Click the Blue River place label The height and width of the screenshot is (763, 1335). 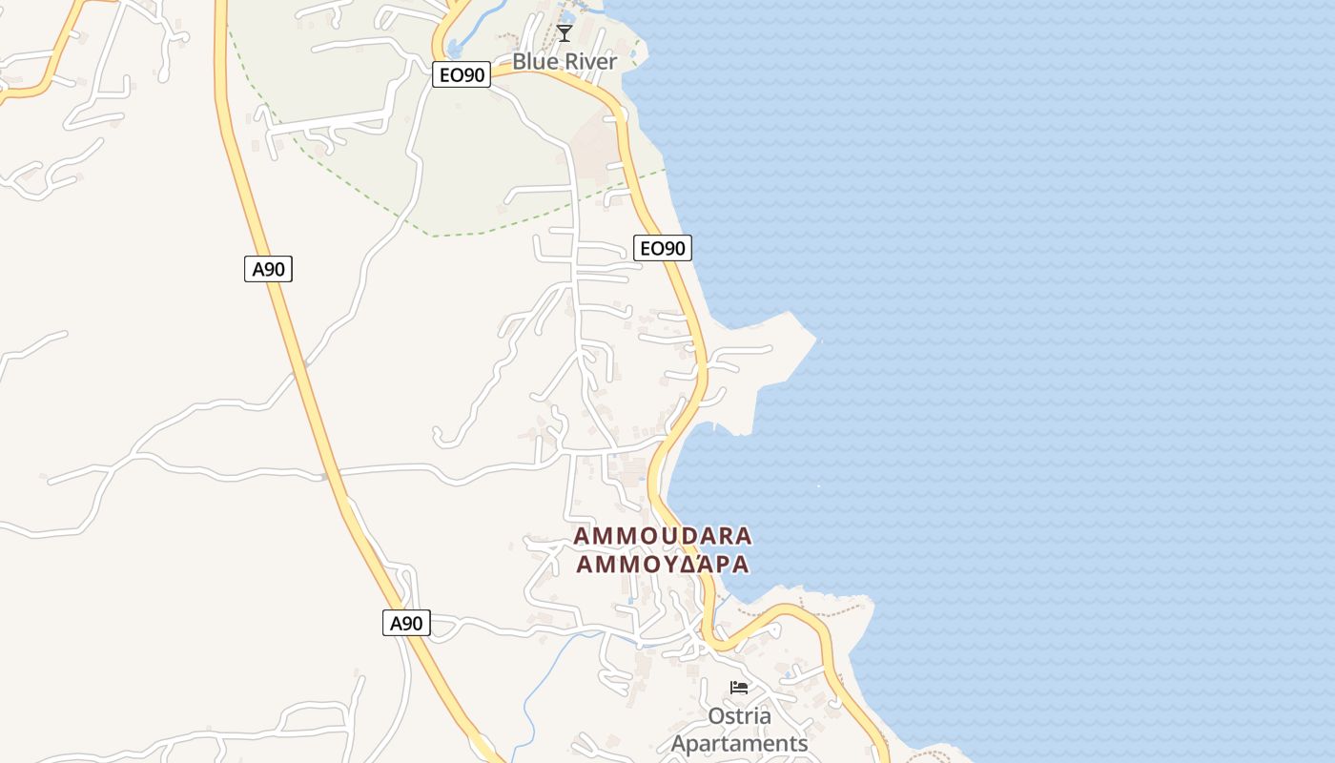pyautogui.click(x=565, y=61)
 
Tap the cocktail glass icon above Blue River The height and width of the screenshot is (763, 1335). pyautogui.click(x=565, y=34)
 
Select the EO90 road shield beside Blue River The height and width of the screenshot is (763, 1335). pyautogui.click(x=462, y=74)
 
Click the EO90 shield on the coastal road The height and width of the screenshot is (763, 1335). pyautogui.click(x=663, y=248)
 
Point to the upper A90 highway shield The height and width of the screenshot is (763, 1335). pyautogui.click(x=268, y=269)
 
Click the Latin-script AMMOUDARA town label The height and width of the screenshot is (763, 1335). pyautogui.click(x=662, y=536)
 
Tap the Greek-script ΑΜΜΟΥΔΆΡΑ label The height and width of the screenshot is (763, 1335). pyautogui.click(x=662, y=565)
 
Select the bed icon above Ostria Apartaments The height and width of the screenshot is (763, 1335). pyautogui.click(x=739, y=687)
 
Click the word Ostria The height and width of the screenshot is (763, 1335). pyautogui.click(x=739, y=715)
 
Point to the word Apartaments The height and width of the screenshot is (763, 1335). pyautogui.click(x=739, y=744)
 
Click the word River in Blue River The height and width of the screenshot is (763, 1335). pyautogui.click(x=591, y=61)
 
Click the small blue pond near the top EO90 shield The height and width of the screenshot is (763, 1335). pyautogui.click(x=454, y=48)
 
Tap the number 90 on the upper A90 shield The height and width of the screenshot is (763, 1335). pyautogui.click(x=275, y=269)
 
